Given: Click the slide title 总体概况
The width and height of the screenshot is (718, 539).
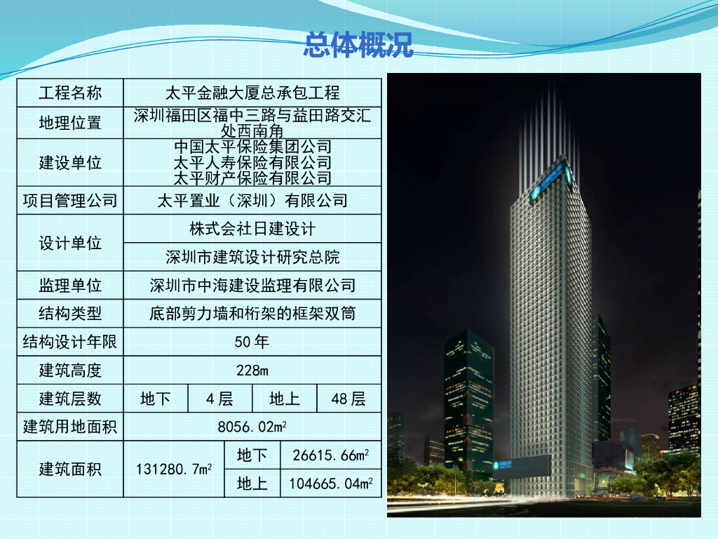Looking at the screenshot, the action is (x=358, y=45).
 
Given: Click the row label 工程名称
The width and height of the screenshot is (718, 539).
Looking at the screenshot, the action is (x=70, y=93).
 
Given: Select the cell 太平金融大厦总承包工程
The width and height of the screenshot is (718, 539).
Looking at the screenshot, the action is (x=252, y=93).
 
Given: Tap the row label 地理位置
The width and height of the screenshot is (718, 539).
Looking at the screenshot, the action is (x=70, y=123).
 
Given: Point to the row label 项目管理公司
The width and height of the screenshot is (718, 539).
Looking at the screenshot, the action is (x=70, y=200).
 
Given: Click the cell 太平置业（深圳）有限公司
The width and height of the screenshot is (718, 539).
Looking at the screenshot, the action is (x=252, y=200).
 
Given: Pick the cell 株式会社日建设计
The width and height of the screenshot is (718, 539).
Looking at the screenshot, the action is (x=252, y=229).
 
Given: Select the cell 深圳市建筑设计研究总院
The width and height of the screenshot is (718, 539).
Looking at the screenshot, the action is (x=252, y=257).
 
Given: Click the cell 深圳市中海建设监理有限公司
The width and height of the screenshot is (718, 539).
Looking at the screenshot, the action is (x=252, y=286).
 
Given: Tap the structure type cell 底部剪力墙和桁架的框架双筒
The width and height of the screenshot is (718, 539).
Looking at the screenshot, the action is (x=252, y=314).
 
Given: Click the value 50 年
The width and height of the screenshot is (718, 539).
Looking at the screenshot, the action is (x=252, y=342).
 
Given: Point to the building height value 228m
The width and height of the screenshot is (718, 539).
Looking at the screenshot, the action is (x=252, y=371).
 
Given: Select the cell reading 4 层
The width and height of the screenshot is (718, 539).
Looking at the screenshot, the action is (x=219, y=399).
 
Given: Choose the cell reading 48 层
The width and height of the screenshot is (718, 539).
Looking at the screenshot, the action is (x=348, y=399).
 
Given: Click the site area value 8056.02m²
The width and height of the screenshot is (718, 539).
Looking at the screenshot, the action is (x=252, y=427).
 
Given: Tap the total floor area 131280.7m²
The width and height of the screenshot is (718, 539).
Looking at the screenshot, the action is (x=174, y=469).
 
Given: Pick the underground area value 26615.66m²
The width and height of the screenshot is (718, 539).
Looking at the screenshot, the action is (x=331, y=455).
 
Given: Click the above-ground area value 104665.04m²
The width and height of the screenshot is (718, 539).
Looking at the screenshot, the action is (x=331, y=484).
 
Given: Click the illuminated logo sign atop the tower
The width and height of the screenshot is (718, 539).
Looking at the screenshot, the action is (x=552, y=180).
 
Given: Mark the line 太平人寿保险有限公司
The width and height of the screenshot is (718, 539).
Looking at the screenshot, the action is (x=252, y=162).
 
